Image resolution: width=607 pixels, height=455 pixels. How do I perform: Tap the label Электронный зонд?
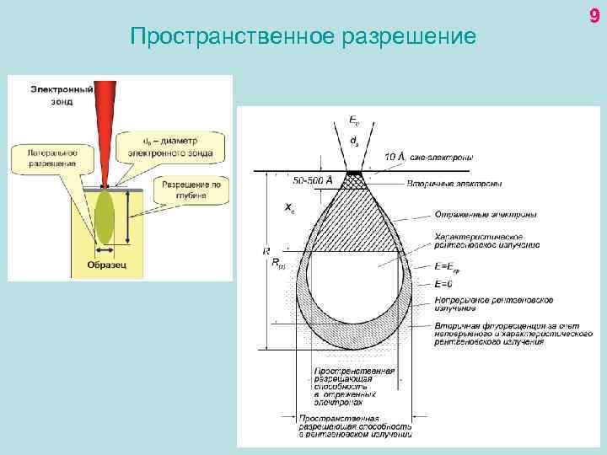(x=56, y=94)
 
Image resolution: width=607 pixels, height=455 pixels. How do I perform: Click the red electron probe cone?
(x=105, y=126)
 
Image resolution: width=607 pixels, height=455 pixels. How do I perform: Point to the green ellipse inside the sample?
(x=105, y=217)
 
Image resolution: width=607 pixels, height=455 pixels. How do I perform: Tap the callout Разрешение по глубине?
(x=191, y=189)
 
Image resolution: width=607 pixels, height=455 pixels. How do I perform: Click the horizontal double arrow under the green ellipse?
(x=105, y=249)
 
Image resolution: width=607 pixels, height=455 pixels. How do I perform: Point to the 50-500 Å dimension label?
(x=313, y=179)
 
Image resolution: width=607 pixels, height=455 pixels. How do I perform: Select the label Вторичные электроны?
(x=455, y=183)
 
